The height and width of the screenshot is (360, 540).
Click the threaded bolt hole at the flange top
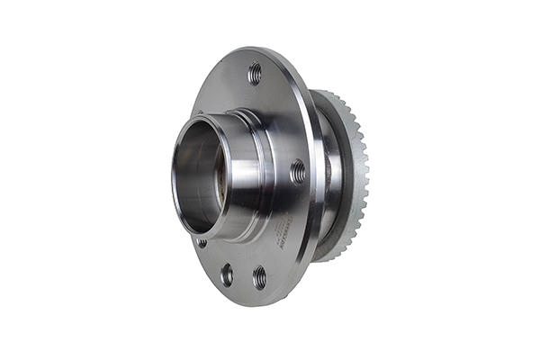pyautogui.click(x=255, y=73)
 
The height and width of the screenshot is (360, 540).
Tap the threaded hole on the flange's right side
pyautogui.click(x=298, y=171)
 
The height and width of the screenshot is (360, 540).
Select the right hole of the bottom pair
pyautogui.click(x=259, y=276)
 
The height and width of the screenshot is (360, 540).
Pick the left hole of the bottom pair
pyautogui.click(x=227, y=274)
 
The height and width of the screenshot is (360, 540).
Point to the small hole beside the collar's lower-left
pyautogui.click(x=202, y=242)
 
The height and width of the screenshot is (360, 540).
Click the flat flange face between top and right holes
pyautogui.click(x=283, y=117)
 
